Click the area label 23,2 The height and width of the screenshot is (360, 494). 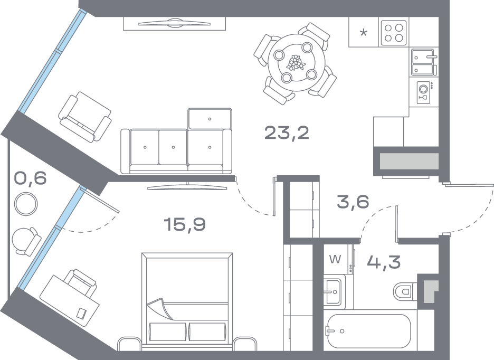[287, 133]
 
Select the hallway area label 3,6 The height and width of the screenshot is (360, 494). [353, 202]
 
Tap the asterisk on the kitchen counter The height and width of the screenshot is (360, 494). [363, 33]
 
